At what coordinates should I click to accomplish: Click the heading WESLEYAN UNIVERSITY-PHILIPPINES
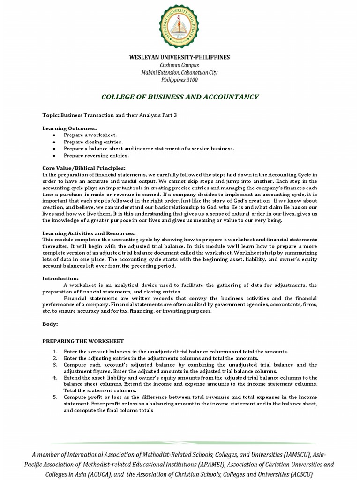point(180,57)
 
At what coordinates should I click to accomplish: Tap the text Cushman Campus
point(180,65)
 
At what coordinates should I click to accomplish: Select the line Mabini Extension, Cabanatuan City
point(180,73)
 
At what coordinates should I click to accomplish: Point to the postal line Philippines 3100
point(180,80)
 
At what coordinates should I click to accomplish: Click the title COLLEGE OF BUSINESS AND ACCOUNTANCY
point(180,97)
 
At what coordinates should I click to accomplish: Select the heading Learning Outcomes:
point(70,128)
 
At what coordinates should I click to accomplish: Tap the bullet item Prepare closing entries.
point(93,142)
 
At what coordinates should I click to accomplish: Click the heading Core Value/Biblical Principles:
point(84,168)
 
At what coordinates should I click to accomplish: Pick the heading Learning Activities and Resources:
point(89,233)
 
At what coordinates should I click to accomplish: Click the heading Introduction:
point(60,278)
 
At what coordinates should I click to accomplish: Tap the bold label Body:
point(50,324)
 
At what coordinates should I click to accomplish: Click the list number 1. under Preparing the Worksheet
point(55,352)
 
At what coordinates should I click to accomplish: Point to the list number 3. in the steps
point(55,364)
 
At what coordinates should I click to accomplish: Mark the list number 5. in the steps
point(55,397)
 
